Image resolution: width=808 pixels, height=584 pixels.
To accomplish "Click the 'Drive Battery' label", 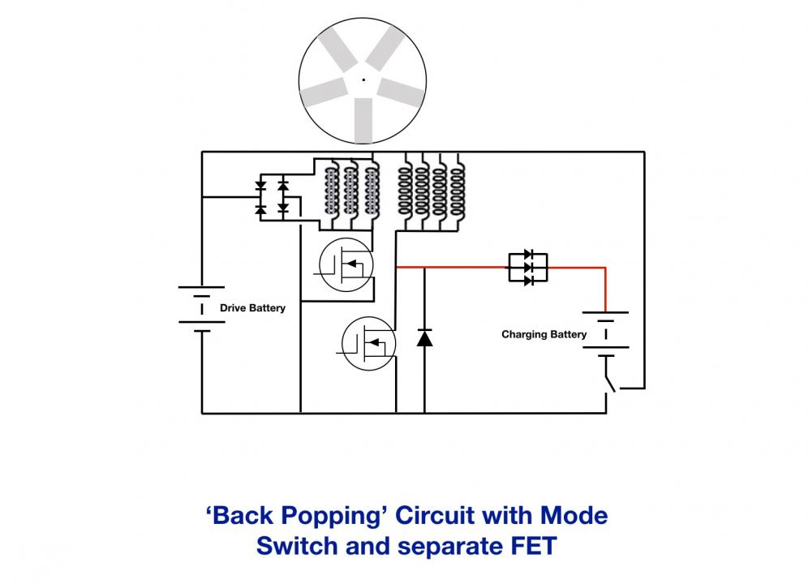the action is tap(252, 307).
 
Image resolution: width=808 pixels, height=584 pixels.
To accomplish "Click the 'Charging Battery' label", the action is tap(544, 334).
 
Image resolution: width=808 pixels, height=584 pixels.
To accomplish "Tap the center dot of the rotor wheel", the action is tap(363, 79).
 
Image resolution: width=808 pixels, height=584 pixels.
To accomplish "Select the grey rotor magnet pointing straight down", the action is tap(363, 120).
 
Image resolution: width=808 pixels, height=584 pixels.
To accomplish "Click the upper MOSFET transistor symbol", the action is tap(346, 264).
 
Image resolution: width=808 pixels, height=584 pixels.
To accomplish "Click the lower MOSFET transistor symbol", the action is tap(368, 343).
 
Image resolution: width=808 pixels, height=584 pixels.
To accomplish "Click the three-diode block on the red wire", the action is tap(528, 268).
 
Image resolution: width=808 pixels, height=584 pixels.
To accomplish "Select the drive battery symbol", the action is tap(201, 308).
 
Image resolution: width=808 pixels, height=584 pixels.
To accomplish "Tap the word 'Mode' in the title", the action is tap(574, 515).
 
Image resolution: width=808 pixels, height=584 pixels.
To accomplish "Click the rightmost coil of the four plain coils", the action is tap(458, 191).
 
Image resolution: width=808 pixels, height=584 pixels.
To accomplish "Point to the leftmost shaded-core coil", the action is tap(331, 191).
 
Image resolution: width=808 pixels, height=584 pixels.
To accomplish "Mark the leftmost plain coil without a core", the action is tap(405, 191).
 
